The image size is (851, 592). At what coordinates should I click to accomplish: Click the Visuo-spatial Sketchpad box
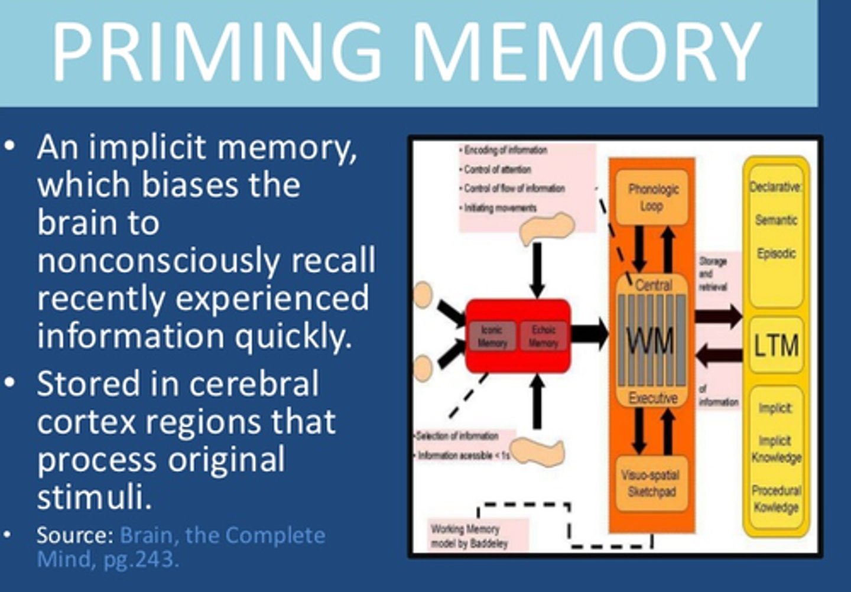[x=652, y=483]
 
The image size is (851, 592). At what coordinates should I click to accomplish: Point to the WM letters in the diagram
[x=650, y=341]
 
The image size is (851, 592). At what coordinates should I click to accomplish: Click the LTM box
[x=776, y=345]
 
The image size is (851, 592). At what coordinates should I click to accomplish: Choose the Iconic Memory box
[x=492, y=336]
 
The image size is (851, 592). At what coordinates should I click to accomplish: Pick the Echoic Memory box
[x=543, y=336]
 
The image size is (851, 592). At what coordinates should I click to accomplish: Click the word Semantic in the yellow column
[x=776, y=220]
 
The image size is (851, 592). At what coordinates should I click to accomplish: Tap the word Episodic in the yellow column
[x=776, y=253]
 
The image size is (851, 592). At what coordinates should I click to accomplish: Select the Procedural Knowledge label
[x=776, y=499]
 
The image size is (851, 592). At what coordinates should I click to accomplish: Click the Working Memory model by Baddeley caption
[x=469, y=536]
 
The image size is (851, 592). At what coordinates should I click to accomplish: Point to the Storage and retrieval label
[x=713, y=274]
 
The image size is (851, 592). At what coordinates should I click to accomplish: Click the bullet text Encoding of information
[x=504, y=150]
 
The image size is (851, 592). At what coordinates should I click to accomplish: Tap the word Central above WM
[x=653, y=285]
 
